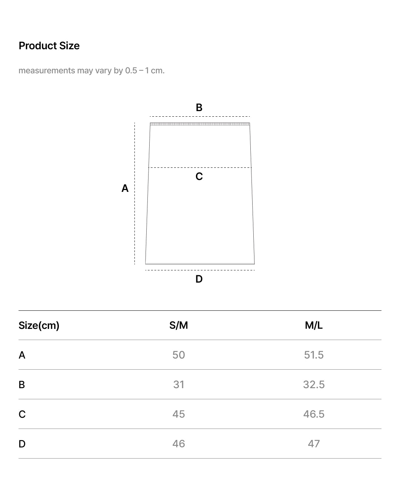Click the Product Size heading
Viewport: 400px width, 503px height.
tap(49, 46)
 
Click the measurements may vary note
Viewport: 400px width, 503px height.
tap(91, 70)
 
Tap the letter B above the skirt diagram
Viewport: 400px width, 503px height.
tap(199, 107)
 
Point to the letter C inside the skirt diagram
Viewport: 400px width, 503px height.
tap(199, 176)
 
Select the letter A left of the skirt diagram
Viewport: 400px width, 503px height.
tap(125, 189)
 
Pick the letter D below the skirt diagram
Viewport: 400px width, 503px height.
tap(199, 279)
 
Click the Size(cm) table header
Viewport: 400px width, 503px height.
tap(39, 325)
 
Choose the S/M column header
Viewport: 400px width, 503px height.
tap(179, 325)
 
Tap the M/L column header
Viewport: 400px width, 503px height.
tap(314, 325)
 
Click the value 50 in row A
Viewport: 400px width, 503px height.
tap(179, 355)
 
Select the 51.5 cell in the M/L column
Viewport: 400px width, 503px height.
tap(314, 355)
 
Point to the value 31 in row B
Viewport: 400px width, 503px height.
tap(179, 384)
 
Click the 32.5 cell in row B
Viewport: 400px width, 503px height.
tap(314, 384)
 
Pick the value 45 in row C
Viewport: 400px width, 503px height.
tap(179, 414)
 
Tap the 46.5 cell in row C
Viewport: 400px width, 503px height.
tap(314, 414)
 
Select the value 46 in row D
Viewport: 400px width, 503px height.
tap(179, 444)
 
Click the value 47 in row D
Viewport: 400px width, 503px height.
tap(314, 444)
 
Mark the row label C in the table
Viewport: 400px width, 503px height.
tap(22, 414)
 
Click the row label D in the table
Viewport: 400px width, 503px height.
tap(22, 444)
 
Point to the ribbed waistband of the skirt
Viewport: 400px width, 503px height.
tap(200, 124)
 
